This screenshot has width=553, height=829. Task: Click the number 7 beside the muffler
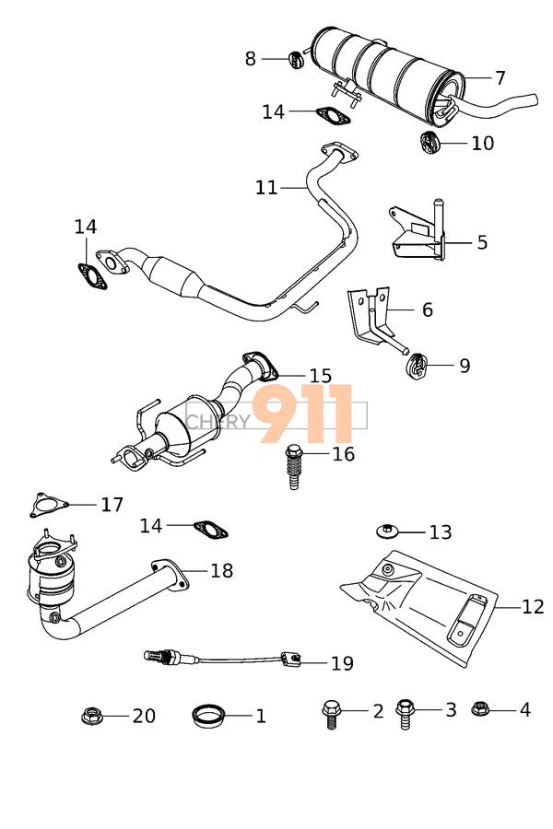tap(500, 77)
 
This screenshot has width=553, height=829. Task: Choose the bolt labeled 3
tap(405, 711)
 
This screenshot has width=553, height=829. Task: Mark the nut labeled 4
tap(479, 709)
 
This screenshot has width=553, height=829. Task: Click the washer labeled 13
tap(388, 531)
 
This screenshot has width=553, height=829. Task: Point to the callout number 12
tap(533, 607)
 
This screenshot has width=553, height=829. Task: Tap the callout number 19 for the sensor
tap(341, 663)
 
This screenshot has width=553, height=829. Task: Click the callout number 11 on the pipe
tap(265, 188)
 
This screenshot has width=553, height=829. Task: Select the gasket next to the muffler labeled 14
tap(334, 116)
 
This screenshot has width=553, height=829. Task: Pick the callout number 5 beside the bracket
tap(482, 243)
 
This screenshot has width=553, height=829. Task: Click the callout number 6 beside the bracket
tap(427, 310)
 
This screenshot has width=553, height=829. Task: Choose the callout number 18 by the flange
tap(221, 571)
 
